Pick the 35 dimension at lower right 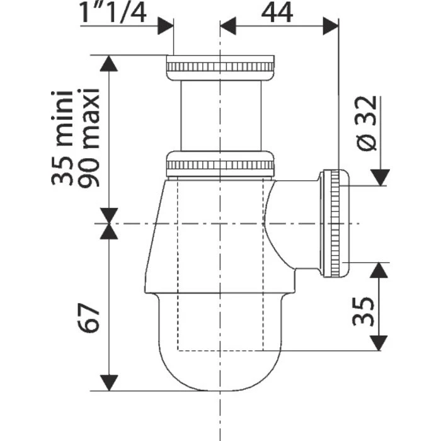pos(360,310)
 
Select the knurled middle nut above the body pos(220,164)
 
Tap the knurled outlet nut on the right pos(335,223)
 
